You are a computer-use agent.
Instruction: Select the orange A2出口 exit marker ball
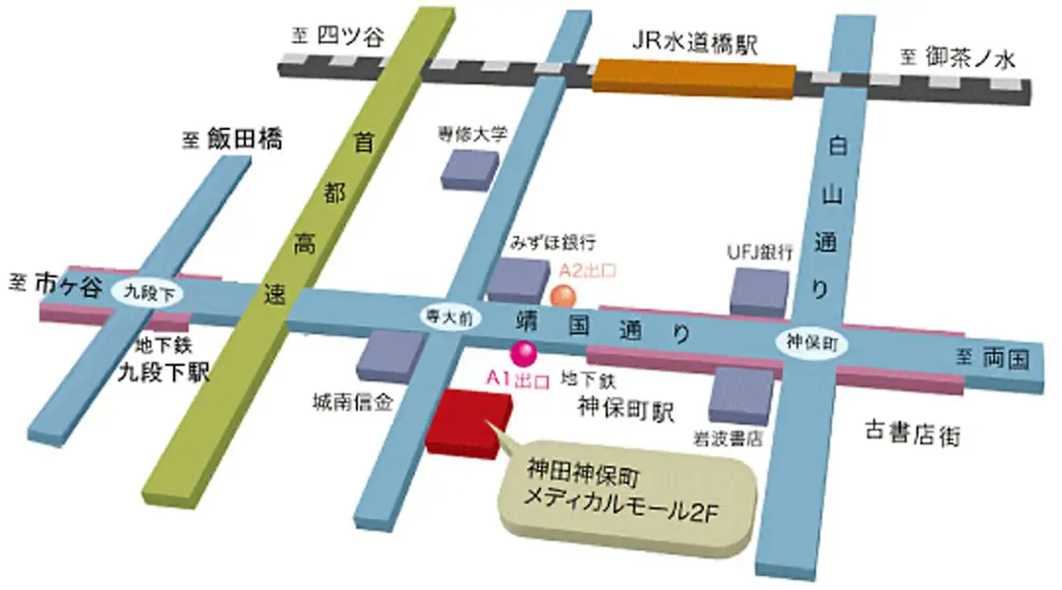[x=561, y=293]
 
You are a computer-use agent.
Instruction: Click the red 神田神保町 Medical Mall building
[x=468, y=421]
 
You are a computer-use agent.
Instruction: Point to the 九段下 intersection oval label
[x=144, y=292]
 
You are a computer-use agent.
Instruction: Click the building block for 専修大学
[x=469, y=168]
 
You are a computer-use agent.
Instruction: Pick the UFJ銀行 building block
[x=760, y=293]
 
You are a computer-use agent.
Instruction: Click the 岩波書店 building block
[x=741, y=394]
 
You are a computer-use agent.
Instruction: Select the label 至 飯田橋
[x=232, y=141]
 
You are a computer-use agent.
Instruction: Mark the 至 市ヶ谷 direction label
[x=56, y=282]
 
